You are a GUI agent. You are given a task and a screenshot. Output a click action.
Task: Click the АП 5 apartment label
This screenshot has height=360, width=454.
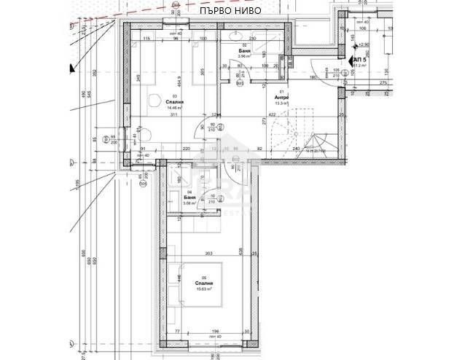pyautogui.click(x=359, y=59)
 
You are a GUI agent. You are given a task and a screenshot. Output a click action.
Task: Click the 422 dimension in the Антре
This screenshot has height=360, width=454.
pyautogui.click(x=271, y=114)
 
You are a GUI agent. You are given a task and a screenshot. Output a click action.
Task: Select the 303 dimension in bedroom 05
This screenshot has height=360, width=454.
pyautogui.click(x=208, y=254)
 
